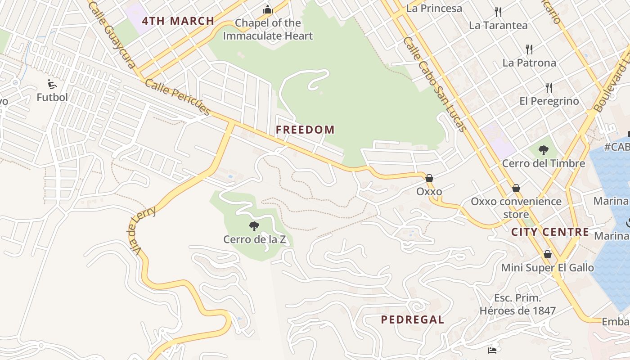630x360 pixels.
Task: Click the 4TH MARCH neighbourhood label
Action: click(178, 21)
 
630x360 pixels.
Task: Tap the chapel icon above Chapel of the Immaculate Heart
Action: click(268, 9)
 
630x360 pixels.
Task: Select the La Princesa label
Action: click(434, 8)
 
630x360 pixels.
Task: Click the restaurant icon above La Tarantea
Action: click(498, 12)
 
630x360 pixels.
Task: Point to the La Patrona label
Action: click(529, 63)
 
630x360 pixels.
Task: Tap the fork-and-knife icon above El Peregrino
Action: click(549, 87)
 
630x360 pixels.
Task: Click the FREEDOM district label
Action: click(305, 130)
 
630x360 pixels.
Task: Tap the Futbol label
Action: click(52, 97)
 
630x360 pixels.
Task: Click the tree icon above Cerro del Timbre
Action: click(544, 150)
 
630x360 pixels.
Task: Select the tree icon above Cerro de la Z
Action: click(254, 226)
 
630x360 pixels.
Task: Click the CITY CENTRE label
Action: click(550, 232)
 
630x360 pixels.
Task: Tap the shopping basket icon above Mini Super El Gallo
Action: click(547, 255)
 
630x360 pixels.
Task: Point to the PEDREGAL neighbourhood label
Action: click(412, 319)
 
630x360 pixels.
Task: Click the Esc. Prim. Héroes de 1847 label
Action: click(517, 304)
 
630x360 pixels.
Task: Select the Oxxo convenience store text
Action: click(516, 207)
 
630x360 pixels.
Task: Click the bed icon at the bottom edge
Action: click(492, 350)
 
